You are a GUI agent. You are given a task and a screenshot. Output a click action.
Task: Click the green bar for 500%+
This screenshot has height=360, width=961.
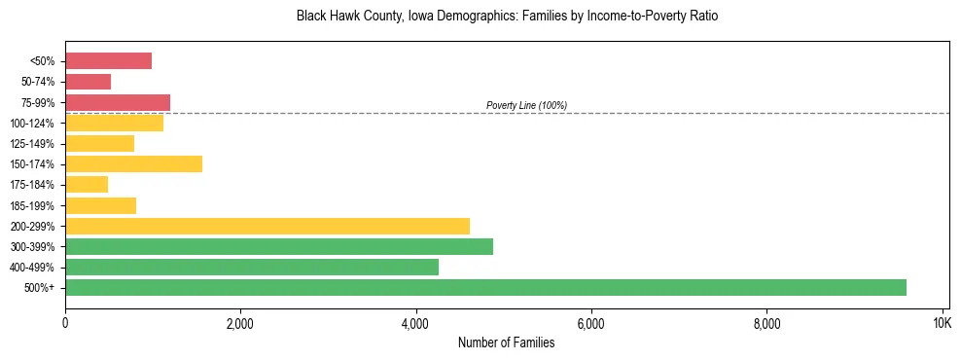tap(485, 287)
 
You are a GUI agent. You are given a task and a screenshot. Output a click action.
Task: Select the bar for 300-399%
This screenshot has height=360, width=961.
tap(279, 246)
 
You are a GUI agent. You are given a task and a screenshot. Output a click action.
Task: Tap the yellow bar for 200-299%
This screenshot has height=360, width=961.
tap(267, 226)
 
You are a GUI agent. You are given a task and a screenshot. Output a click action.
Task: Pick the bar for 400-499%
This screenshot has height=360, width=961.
tap(252, 267)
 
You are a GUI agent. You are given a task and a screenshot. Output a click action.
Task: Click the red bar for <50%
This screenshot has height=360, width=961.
tap(108, 61)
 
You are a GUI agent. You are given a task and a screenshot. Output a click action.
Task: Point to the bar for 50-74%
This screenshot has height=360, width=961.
tap(88, 82)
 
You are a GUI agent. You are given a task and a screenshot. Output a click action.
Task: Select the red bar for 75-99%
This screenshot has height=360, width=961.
tap(118, 102)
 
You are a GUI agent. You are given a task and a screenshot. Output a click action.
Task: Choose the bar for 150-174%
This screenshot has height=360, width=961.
tap(133, 164)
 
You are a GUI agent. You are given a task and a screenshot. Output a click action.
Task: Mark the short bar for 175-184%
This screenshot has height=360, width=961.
tap(87, 185)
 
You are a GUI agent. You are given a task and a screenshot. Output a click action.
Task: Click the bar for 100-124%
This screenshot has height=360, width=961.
tap(114, 123)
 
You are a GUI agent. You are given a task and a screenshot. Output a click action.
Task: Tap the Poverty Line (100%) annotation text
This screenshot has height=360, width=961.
tap(526, 105)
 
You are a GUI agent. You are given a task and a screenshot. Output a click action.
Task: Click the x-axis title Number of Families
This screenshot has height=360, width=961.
tap(507, 342)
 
